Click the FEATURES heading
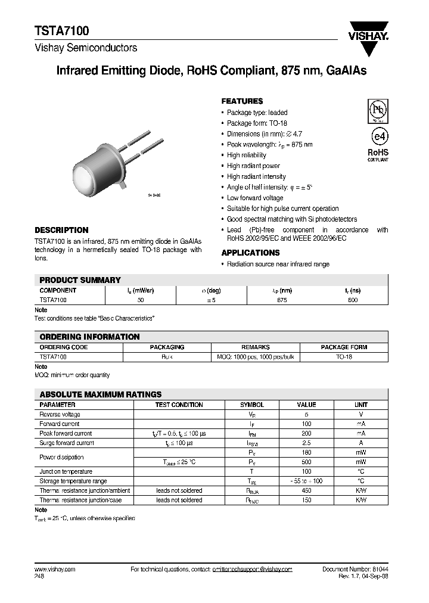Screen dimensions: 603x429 click(x=242, y=101)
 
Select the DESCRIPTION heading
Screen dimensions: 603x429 click(x=61, y=230)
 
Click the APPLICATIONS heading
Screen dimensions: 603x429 click(x=250, y=253)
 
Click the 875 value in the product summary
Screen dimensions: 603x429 click(x=282, y=300)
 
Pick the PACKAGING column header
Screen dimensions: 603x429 click(x=167, y=347)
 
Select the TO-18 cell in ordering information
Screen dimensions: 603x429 click(x=344, y=356)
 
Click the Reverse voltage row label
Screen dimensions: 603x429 click(x=60, y=414)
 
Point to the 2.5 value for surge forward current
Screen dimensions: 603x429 click(x=306, y=443)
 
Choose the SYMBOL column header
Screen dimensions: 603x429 click(x=251, y=405)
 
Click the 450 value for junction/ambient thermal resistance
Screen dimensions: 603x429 click(x=306, y=490)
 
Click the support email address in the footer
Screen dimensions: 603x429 click(x=252, y=570)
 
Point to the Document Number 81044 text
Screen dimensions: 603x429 click(x=355, y=570)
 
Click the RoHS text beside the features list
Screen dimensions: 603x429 click(x=377, y=153)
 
